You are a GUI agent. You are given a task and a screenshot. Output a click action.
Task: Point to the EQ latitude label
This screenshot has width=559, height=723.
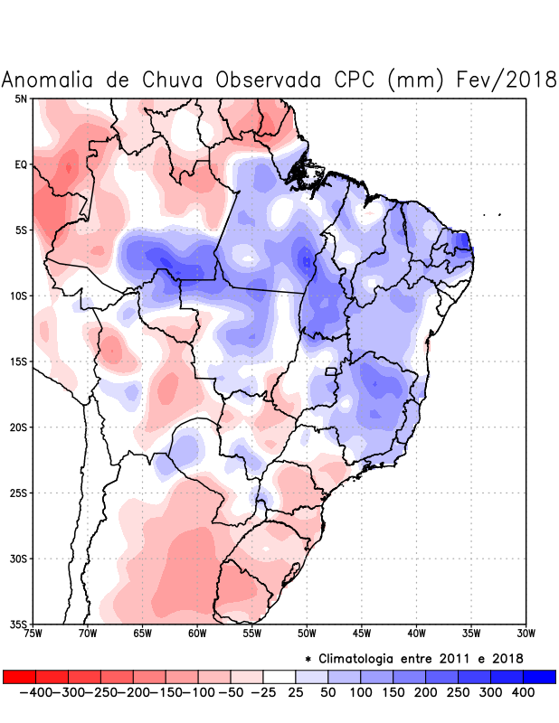[x=21, y=164]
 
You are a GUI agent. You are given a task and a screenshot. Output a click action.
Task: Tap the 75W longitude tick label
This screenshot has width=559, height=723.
[x=33, y=634]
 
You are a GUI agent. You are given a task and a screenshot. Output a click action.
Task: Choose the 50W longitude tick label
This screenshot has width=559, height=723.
[x=307, y=634]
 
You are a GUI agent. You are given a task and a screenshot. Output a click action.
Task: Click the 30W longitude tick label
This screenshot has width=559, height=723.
[x=526, y=634]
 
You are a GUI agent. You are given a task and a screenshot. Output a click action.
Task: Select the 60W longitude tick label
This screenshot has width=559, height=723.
[x=197, y=634]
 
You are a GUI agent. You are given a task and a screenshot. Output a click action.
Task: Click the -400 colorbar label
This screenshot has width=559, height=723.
[x=35, y=691]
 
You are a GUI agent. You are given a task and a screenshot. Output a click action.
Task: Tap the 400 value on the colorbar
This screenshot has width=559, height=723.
[x=524, y=691]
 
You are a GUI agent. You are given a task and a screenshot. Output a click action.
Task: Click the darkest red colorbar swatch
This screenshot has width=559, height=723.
[x=19, y=676]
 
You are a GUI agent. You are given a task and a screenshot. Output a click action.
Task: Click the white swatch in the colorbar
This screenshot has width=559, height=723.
[x=279, y=676]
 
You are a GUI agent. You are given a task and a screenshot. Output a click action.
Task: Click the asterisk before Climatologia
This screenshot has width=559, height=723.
[x=309, y=658]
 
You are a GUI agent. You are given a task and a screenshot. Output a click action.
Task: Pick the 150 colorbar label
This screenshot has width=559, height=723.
[x=393, y=691]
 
